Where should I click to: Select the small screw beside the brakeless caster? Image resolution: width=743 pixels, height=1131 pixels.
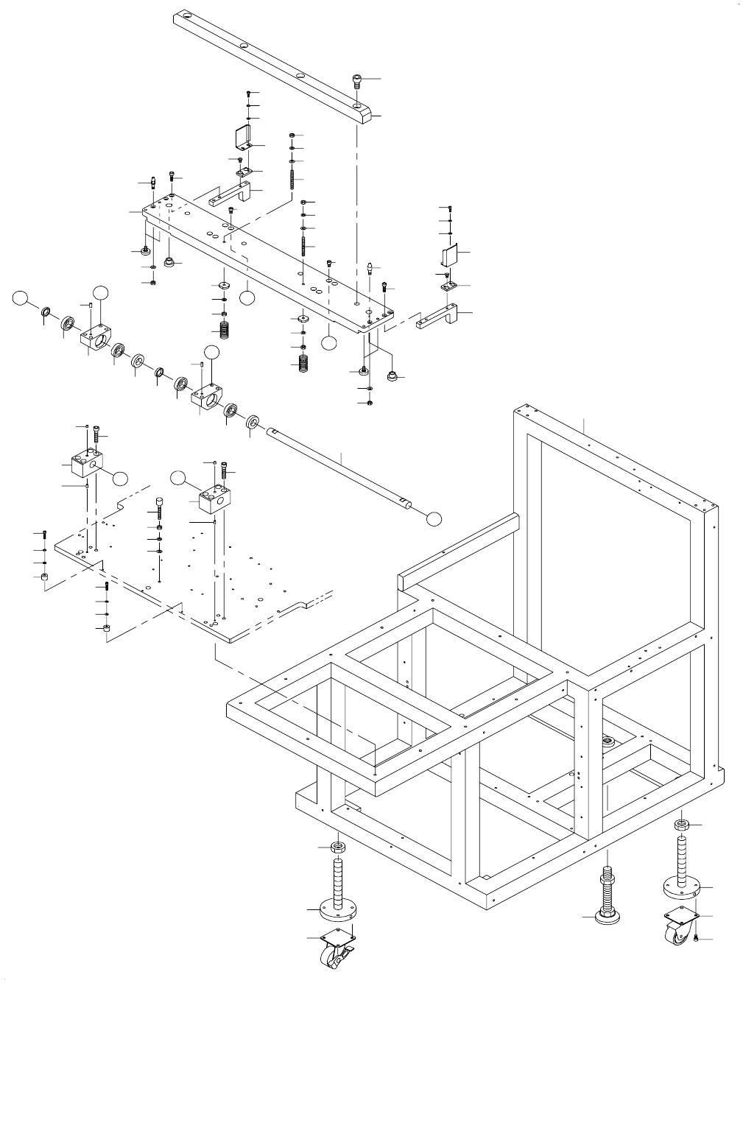coord(696,937)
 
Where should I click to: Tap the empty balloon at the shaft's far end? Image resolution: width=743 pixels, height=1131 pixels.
coord(434,517)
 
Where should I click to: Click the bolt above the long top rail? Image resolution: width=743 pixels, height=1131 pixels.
coord(358,81)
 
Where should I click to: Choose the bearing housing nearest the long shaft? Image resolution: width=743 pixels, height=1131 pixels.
coord(208,398)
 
